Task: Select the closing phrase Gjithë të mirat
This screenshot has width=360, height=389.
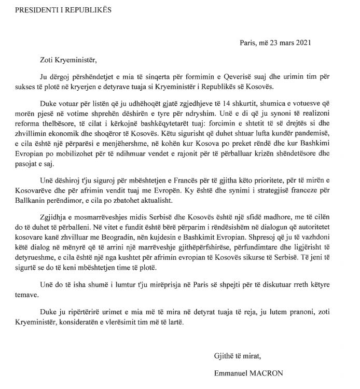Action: [x=238, y=355]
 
